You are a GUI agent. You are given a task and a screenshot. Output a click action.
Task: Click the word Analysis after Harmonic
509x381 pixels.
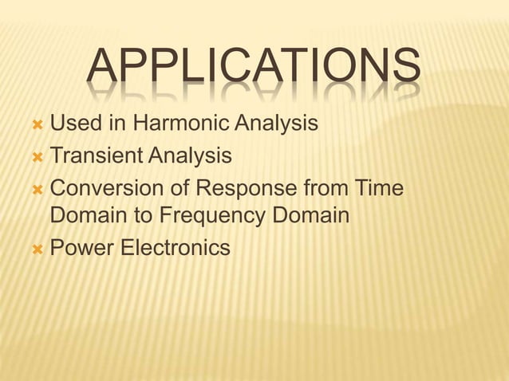275,124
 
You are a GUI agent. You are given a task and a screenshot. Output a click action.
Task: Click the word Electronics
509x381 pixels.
176,248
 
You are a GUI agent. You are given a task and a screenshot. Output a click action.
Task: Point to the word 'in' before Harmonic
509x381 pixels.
116,124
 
